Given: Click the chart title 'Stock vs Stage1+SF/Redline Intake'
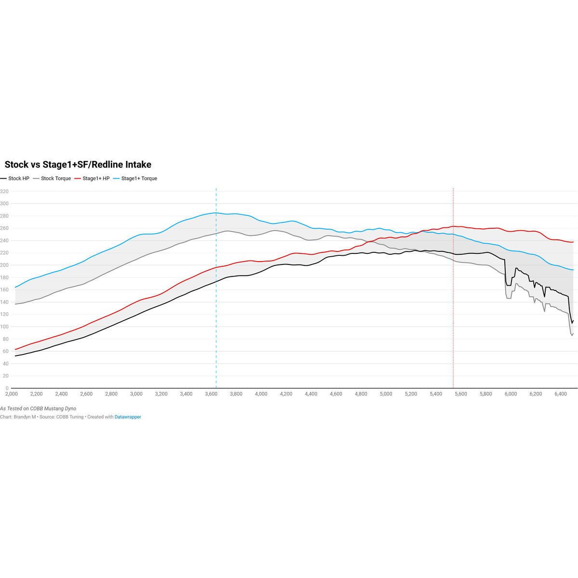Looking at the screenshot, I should [78, 165].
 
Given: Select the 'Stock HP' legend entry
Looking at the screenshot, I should [18, 179].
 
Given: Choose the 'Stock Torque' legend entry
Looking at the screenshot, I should [56, 179].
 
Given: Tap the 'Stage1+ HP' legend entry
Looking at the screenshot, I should [96, 179].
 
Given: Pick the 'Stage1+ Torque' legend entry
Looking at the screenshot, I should [139, 179].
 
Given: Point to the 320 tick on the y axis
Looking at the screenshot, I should [4, 192].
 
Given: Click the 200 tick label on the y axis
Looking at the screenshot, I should [4, 265].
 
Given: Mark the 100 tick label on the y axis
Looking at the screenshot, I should [4, 327].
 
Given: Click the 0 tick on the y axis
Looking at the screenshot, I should [7, 388].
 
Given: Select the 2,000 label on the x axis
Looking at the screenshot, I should [12, 394].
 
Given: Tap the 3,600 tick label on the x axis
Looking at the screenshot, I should [211, 394].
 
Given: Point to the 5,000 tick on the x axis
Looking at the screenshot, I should [386, 394].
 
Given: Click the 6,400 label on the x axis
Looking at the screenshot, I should [561, 394].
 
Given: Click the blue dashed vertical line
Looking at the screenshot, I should [216, 289].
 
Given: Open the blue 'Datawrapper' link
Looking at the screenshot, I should [128, 417].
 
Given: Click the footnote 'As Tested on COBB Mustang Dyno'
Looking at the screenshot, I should [38, 408].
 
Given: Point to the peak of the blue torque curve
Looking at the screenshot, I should [215, 212].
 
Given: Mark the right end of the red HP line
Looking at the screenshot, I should [573, 242].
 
